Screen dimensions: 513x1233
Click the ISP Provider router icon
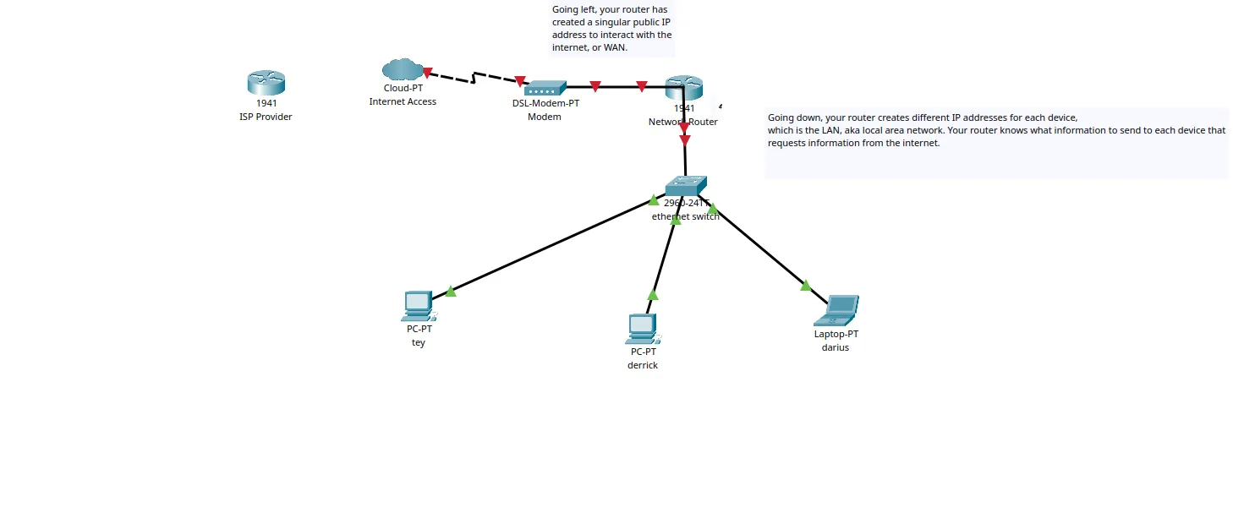coord(266,83)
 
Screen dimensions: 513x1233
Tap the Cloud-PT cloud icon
coord(403,69)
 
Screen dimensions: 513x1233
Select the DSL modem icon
coord(545,88)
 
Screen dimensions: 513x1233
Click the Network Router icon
coord(683,87)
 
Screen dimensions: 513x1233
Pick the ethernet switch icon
coord(685,185)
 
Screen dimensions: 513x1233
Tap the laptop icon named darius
coord(836,310)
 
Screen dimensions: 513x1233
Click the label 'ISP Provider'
coord(266,117)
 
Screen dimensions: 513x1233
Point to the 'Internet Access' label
coord(403,101)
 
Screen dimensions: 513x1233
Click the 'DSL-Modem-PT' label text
coord(545,103)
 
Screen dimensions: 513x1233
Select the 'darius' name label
coord(836,347)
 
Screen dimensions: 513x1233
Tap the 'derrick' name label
coord(643,365)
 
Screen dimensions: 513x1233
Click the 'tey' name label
coord(418,342)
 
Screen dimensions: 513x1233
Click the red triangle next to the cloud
coord(428,73)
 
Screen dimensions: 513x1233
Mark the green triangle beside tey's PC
coord(451,292)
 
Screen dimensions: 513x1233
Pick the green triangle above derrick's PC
coord(652,295)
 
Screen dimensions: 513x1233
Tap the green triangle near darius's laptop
coord(805,286)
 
